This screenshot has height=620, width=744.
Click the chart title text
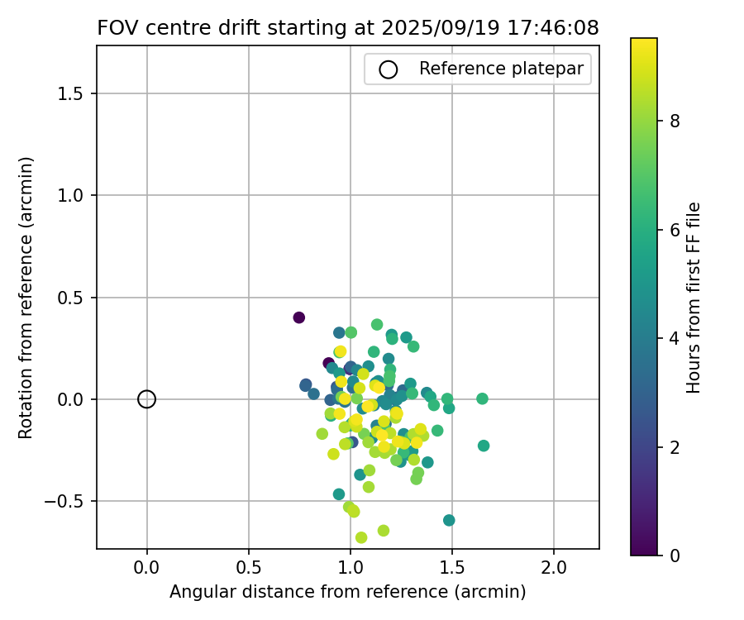click(348, 27)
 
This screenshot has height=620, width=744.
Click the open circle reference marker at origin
click(146, 399)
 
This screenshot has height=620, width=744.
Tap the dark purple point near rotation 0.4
click(298, 317)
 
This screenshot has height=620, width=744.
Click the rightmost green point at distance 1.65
click(482, 398)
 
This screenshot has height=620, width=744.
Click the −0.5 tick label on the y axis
click(69, 501)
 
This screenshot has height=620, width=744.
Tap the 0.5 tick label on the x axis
click(248, 568)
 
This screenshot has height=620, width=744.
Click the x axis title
click(348, 592)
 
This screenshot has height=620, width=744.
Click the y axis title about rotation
click(26, 298)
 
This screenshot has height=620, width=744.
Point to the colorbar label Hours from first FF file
click(694, 298)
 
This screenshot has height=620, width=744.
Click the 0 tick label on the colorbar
click(675, 555)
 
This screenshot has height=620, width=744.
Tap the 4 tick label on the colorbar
click(675, 338)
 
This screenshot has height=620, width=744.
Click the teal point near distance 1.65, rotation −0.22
click(484, 446)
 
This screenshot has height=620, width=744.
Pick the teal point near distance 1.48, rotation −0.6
click(449, 520)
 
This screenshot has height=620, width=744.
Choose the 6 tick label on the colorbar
click(675, 229)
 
